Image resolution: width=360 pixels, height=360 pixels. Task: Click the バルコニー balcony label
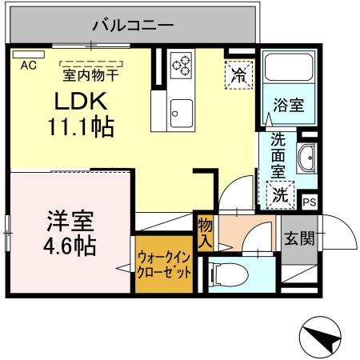[133, 24]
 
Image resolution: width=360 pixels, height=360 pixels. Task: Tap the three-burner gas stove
[181, 62]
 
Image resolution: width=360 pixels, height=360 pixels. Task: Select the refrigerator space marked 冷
[238, 76]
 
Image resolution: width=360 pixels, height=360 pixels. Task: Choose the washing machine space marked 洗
[279, 193]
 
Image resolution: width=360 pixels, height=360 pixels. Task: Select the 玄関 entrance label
[299, 238]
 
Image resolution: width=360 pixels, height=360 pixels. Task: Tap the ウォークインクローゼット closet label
[164, 264]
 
